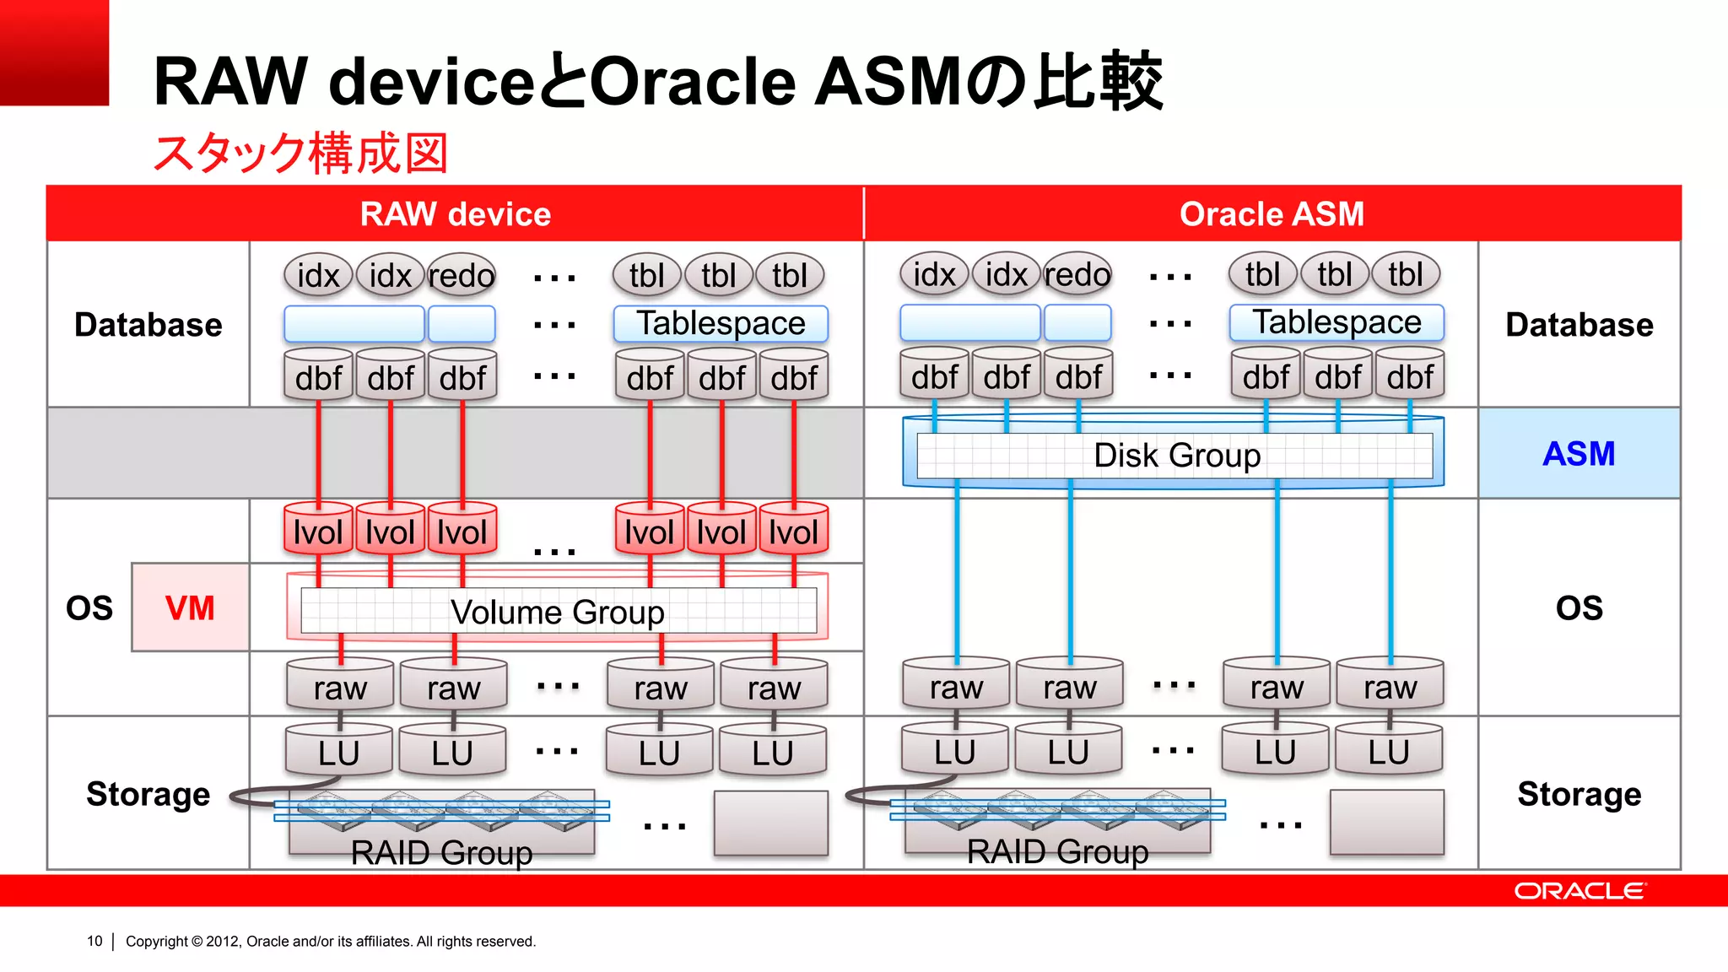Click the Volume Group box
(558, 612)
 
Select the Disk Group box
(1176, 456)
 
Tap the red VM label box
(190, 607)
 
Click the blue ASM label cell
(1579, 454)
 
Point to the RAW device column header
(456, 214)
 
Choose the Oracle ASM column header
(1272, 214)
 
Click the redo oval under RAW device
(462, 276)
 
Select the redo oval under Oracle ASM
(1077, 274)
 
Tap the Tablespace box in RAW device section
(721, 324)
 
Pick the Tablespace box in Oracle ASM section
(1336, 322)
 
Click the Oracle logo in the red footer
(1579, 891)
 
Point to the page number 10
(94, 941)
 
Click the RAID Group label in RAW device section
(441, 852)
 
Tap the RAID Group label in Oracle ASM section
(1057, 851)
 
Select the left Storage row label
(148, 794)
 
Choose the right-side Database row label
(1579, 325)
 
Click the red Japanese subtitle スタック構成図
(300, 153)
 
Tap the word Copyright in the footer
(157, 941)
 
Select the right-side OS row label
(1579, 608)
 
